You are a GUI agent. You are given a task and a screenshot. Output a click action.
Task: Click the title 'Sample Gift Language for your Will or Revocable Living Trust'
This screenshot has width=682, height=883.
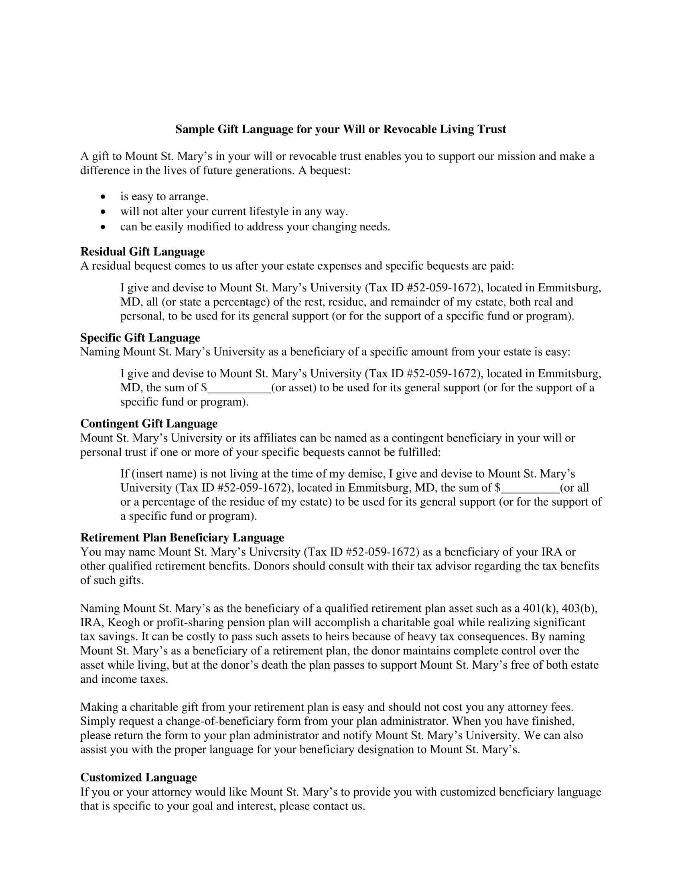point(340,129)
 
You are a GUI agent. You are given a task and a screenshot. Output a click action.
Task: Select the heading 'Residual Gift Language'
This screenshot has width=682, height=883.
point(142,252)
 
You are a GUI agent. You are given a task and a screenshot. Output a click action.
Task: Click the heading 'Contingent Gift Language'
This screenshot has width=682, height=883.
point(149,423)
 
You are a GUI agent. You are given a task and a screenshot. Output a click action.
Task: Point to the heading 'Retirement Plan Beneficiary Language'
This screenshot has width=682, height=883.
point(182,537)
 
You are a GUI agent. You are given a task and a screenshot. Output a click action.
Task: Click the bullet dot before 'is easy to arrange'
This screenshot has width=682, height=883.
point(104,197)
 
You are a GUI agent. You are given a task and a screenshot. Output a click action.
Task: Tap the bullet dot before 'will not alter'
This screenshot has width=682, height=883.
point(104,212)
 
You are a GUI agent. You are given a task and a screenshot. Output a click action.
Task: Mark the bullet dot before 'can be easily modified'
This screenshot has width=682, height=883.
point(104,227)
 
